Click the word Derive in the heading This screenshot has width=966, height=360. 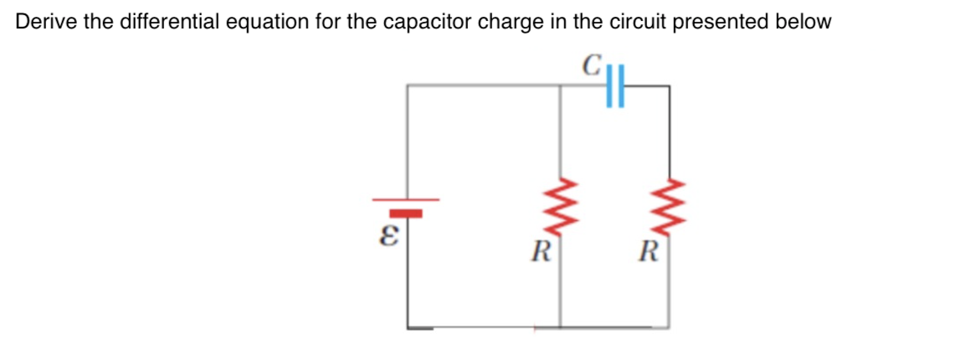click(x=43, y=23)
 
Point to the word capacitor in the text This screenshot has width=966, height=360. click(x=429, y=23)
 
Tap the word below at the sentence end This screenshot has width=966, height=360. click(x=804, y=23)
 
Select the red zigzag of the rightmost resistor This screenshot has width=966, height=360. click(x=668, y=205)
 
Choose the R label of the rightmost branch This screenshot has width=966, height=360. click(x=647, y=249)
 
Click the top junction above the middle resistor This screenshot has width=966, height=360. click(x=559, y=85)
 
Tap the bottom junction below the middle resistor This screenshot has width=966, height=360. click(x=559, y=327)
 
